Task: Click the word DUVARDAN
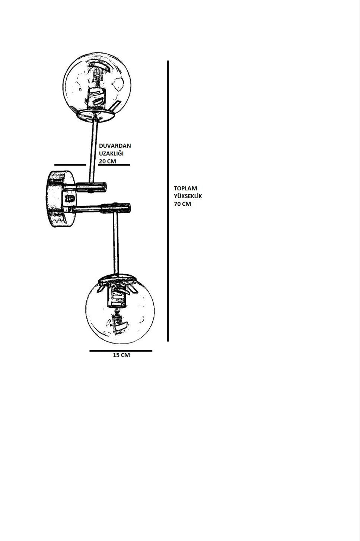tap(115, 146)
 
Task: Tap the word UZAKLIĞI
tap(111, 154)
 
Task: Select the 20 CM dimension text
tap(107, 161)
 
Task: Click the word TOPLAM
tap(185, 189)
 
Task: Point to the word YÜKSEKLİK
tap(188, 196)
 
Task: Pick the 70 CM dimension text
tap(182, 204)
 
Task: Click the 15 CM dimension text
tap(121, 355)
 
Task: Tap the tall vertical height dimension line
tap(168, 201)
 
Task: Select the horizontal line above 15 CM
tap(121, 351)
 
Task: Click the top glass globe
tap(97, 86)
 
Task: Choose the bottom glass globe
tap(120, 310)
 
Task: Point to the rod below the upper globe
tap(93, 151)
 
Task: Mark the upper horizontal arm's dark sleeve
tap(91, 187)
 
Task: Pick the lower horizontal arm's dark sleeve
tap(116, 208)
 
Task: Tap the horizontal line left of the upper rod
tap(70, 165)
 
